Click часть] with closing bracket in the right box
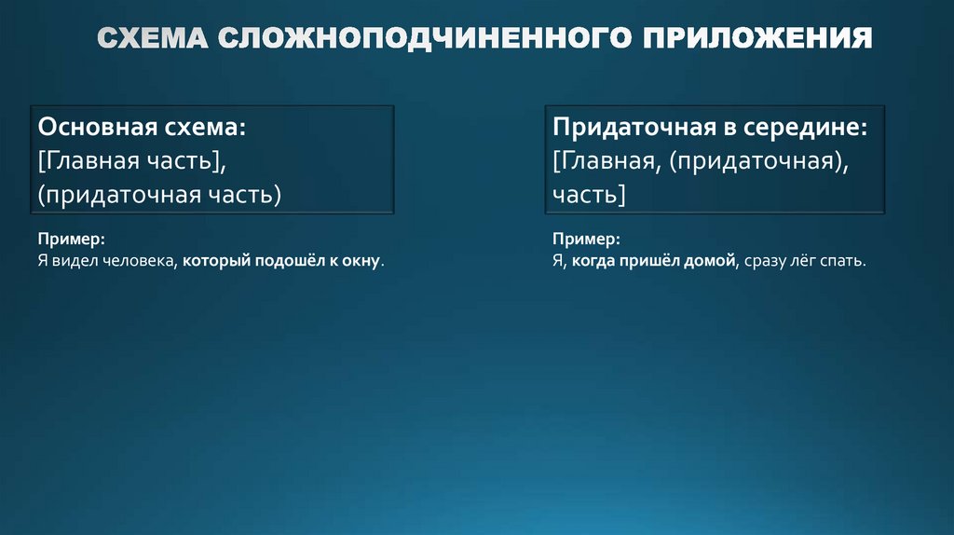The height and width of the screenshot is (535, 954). coord(588,194)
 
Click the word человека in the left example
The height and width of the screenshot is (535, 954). coord(142,262)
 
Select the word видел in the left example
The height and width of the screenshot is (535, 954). coord(73,262)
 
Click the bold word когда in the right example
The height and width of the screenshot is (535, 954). coord(594,262)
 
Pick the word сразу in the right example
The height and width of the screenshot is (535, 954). coord(766,262)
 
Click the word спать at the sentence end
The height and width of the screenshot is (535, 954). coord(842,262)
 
